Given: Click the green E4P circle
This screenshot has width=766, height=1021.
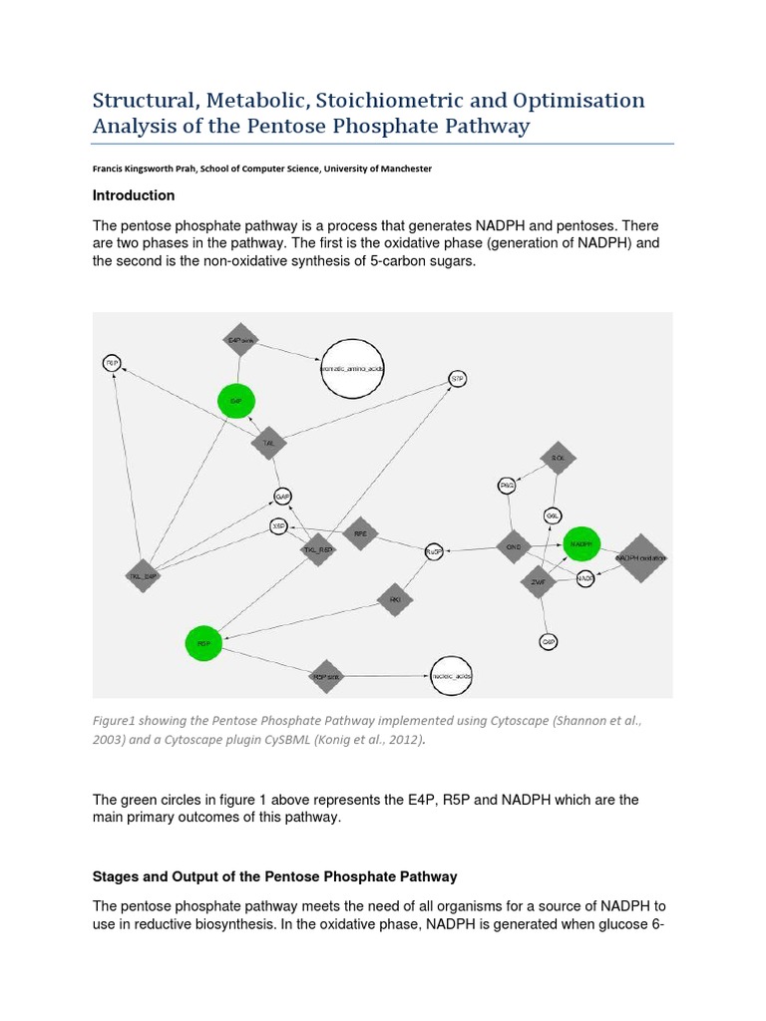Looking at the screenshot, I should click(236, 401).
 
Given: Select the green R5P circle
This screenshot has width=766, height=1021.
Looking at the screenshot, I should click(203, 644).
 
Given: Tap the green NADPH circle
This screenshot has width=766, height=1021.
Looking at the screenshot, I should click(581, 544).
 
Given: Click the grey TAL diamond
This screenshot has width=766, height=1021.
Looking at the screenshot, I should click(268, 442).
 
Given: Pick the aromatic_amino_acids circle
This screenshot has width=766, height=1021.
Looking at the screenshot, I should click(351, 368).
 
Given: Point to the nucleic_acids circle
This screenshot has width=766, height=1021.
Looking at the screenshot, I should click(451, 676).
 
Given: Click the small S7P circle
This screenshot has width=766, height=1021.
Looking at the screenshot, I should click(457, 379).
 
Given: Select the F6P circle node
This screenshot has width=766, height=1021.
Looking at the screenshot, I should click(113, 363).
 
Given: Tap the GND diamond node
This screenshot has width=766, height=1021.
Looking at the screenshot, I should click(514, 546).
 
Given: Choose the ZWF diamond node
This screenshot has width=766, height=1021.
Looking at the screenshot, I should click(538, 581).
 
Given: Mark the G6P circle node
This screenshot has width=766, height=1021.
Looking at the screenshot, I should click(549, 642).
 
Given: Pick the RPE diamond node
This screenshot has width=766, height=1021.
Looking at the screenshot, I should click(360, 533).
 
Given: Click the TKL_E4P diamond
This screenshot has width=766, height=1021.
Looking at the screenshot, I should click(143, 575).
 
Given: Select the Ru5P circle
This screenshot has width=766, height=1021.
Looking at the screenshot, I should click(433, 551).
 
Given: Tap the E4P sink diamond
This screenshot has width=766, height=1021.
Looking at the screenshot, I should click(239, 340).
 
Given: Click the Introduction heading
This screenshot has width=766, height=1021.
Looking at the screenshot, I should click(134, 195).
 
